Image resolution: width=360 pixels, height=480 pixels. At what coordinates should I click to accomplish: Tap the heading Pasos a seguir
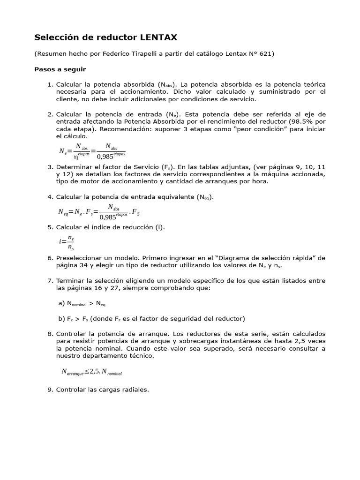click(60, 69)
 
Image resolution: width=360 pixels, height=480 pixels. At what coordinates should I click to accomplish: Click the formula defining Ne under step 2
click(92, 151)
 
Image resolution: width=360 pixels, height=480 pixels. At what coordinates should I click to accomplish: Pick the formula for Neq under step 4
click(99, 211)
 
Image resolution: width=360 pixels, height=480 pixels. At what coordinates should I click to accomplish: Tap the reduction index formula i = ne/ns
click(67, 242)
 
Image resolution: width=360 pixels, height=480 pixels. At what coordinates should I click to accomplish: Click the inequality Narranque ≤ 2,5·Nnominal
click(92, 372)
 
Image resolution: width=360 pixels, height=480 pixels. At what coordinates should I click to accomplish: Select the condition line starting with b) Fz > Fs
click(151, 319)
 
